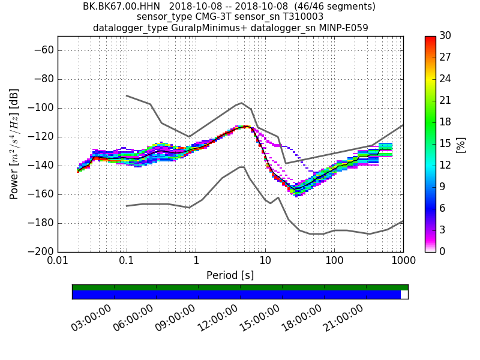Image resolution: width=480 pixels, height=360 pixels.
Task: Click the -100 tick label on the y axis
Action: (x=42, y=108)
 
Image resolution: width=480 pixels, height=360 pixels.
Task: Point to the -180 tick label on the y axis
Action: (x=42, y=223)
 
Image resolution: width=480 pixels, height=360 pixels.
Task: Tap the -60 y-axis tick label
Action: (x=44, y=50)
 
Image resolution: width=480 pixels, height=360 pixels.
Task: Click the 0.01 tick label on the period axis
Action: (x=58, y=262)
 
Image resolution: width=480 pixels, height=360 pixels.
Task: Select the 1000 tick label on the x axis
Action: (x=403, y=262)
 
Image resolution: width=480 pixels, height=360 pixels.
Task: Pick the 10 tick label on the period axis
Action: (x=265, y=262)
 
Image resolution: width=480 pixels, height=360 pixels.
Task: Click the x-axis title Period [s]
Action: (x=230, y=275)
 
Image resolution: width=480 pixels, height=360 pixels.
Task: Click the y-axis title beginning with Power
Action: (x=14, y=144)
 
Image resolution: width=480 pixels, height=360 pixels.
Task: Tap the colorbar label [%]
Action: (x=461, y=145)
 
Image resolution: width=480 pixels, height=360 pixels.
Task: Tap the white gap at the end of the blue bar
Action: (x=404, y=295)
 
